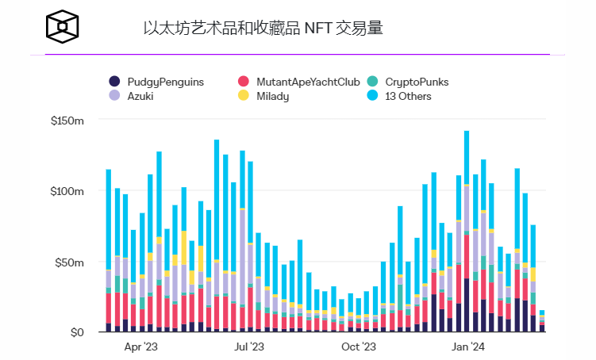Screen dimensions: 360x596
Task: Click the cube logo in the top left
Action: pyautogui.click(x=63, y=28)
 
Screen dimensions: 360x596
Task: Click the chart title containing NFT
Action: pyautogui.click(x=263, y=29)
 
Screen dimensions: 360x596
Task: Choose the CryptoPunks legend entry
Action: pyautogui.click(x=414, y=82)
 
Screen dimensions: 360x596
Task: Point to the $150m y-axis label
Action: pyautogui.click(x=67, y=121)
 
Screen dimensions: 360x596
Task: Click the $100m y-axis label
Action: pyautogui.click(x=67, y=191)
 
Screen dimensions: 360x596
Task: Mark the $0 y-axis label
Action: pyautogui.click(x=76, y=332)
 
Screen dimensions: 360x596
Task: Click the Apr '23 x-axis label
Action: pyautogui.click(x=141, y=347)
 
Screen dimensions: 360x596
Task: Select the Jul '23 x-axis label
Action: pyautogui.click(x=250, y=347)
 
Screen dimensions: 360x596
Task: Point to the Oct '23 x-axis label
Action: pyautogui.click(x=358, y=347)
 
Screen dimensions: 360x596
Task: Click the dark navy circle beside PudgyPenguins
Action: pyautogui.click(x=114, y=82)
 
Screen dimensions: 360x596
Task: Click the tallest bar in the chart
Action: pyautogui.click(x=467, y=230)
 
